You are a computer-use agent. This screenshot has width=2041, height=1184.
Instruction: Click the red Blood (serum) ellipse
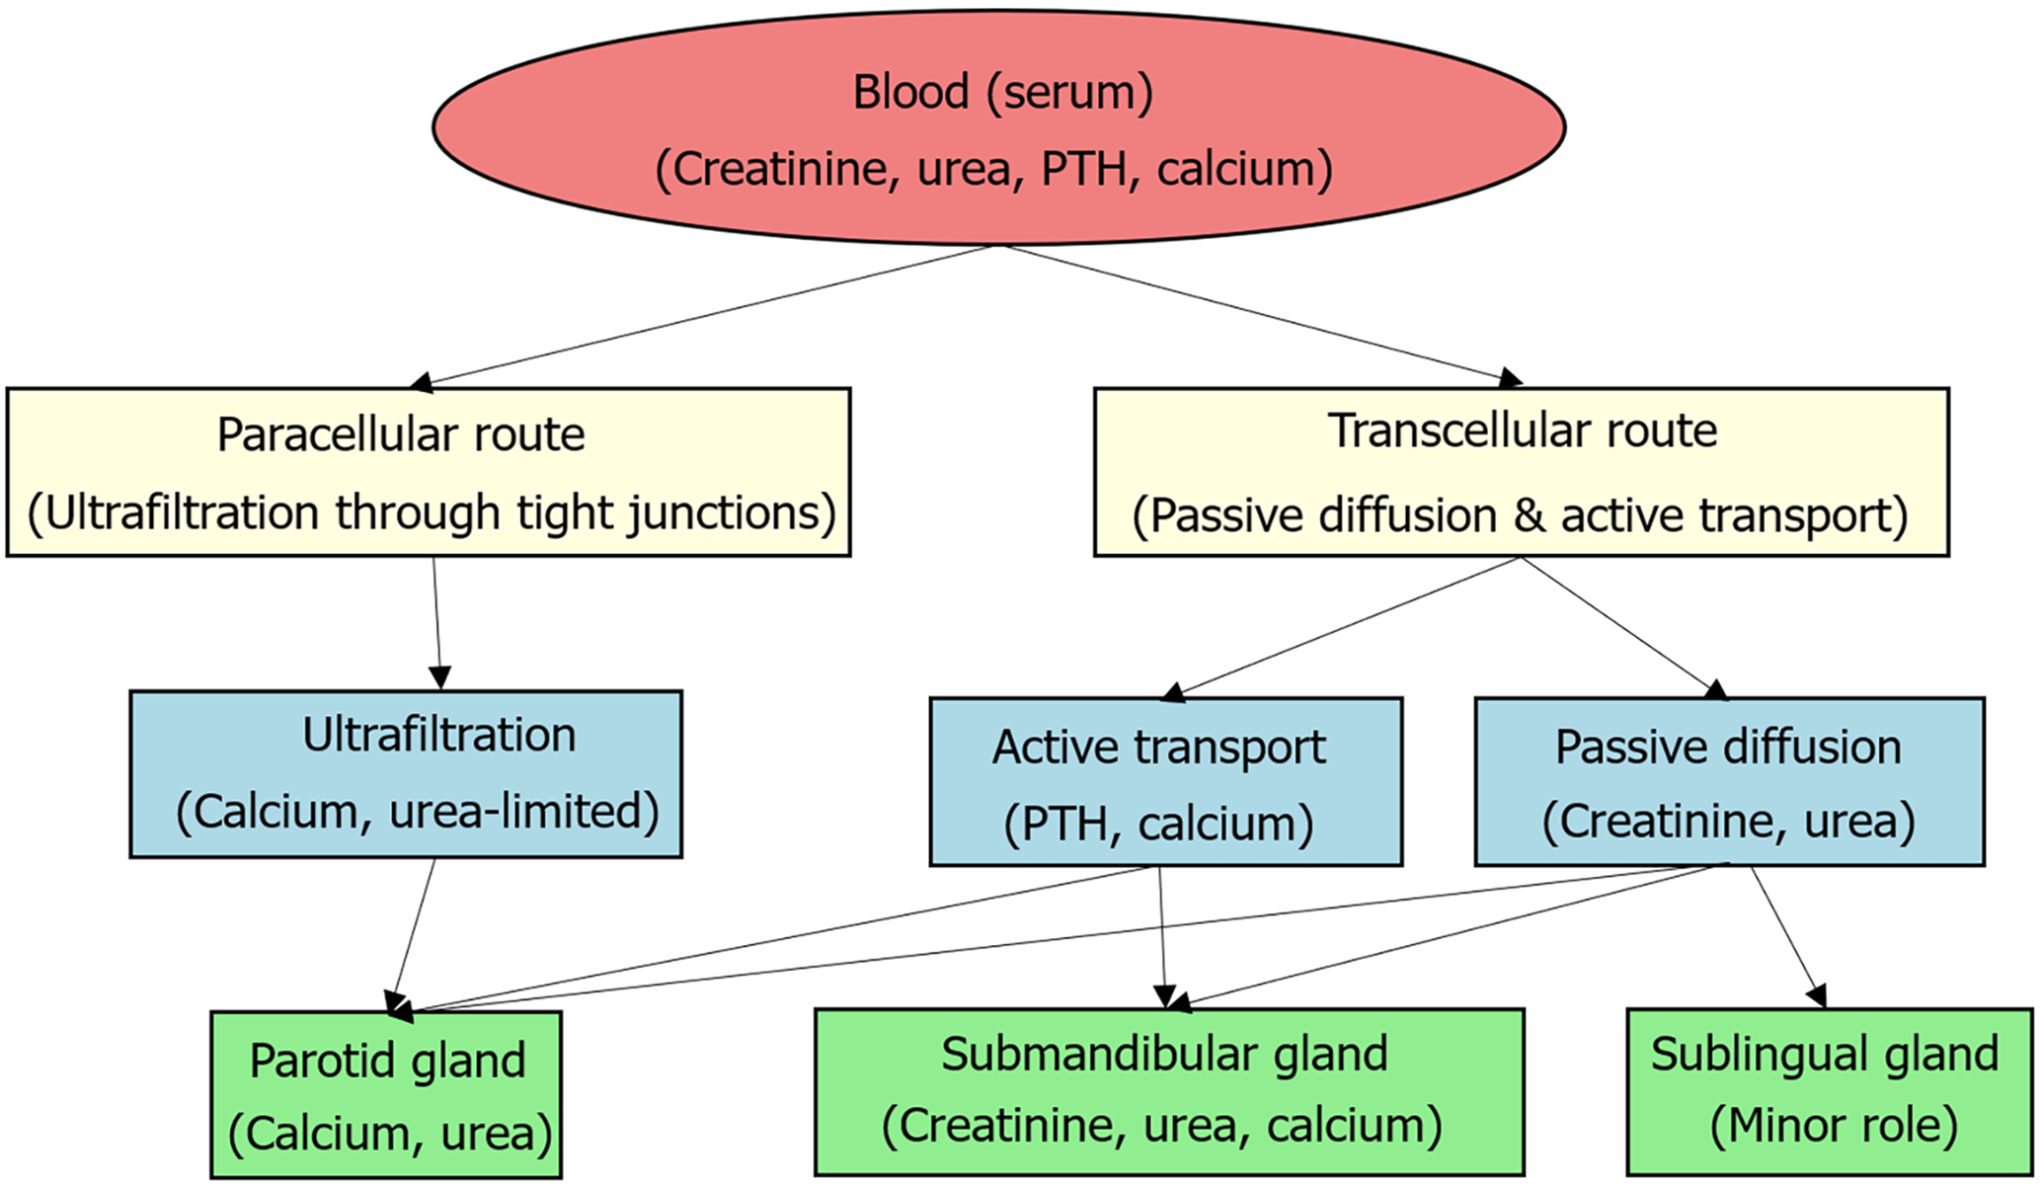tap(998, 127)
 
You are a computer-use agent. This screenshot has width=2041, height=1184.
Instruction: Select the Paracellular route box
tap(429, 472)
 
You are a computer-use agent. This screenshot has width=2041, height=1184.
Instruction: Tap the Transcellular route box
tap(1522, 472)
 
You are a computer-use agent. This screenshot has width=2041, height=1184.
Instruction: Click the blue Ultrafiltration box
tap(406, 774)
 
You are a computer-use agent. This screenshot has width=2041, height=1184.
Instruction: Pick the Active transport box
tap(1166, 782)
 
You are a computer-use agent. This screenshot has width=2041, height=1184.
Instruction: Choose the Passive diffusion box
tap(1730, 782)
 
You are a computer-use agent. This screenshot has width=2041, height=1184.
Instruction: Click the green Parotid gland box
tap(386, 1094)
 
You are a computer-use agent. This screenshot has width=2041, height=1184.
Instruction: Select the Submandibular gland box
tap(1169, 1092)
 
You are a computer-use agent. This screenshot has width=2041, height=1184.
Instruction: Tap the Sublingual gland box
tap(1830, 1092)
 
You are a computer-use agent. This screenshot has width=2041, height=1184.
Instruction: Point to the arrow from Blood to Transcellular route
tap(1264, 315)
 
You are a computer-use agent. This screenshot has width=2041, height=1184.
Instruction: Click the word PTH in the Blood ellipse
tap(1084, 169)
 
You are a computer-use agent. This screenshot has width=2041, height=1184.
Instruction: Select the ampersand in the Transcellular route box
tap(1529, 515)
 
